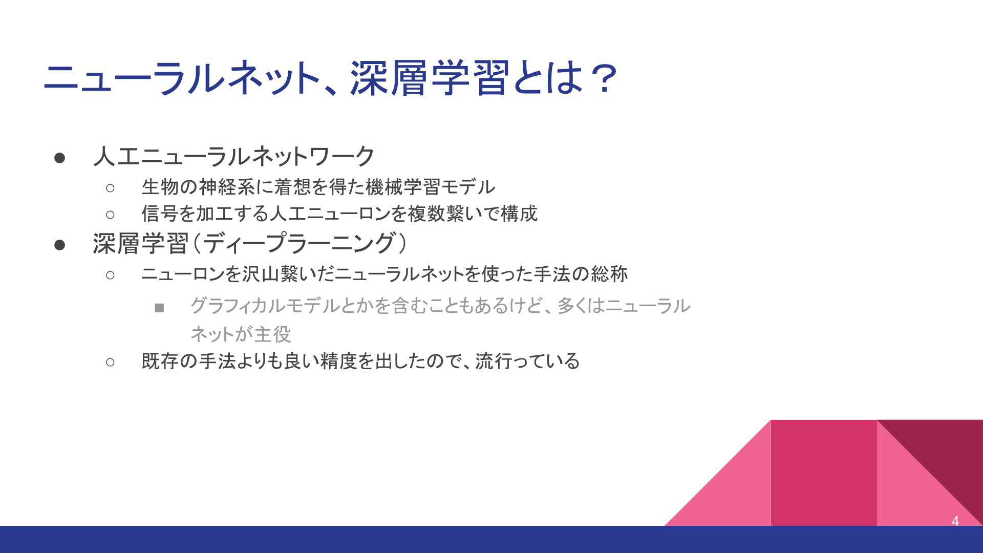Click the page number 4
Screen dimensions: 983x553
pos(955,521)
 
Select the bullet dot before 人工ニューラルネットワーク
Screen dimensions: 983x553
pos(59,158)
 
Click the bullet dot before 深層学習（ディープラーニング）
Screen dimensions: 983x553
pos(59,245)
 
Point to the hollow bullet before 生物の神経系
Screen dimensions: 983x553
pos(110,188)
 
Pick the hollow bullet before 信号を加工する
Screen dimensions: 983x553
pos(110,214)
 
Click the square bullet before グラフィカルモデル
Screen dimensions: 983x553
pos(159,308)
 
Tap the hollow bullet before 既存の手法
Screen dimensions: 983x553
pos(110,362)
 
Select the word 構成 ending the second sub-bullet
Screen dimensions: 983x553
pos(519,213)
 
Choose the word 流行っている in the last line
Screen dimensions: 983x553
pos(527,361)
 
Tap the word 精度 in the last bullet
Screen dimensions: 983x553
pos(338,361)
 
